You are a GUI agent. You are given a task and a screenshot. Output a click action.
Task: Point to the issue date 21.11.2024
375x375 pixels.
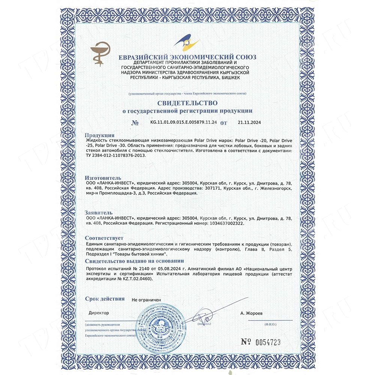[x=249, y=122]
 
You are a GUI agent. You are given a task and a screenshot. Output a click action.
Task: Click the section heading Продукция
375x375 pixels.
[x=99, y=135]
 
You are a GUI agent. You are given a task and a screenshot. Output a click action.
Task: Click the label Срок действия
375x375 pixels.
[x=105, y=299]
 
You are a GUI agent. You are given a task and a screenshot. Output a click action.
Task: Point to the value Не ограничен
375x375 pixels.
[x=146, y=300]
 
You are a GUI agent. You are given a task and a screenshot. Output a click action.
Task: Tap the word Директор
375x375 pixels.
[x=99, y=312]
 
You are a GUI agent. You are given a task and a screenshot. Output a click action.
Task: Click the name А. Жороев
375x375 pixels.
[x=252, y=312]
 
